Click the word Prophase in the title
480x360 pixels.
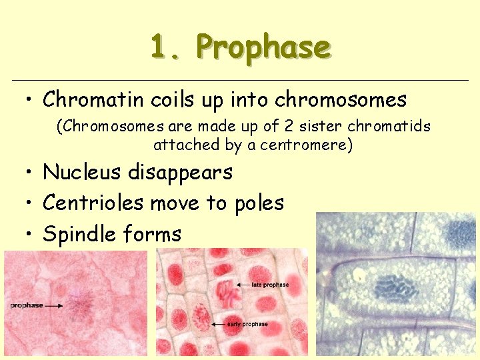(263, 48)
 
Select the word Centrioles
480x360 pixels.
(93, 203)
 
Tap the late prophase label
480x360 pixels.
(271, 285)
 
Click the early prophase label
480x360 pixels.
(248, 324)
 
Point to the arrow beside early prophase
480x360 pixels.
(219, 323)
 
